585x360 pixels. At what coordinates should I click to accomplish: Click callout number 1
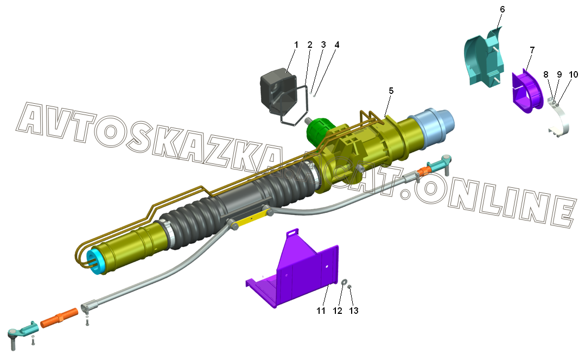click(x=296, y=45)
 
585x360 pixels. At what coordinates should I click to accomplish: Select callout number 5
click(x=391, y=91)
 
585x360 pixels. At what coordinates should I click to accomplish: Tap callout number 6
click(x=502, y=9)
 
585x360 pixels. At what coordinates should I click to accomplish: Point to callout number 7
click(x=532, y=49)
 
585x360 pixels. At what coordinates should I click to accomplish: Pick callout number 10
click(x=574, y=74)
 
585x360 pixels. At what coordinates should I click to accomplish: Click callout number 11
click(x=321, y=311)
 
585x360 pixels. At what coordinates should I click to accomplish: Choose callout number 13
click(x=354, y=311)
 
